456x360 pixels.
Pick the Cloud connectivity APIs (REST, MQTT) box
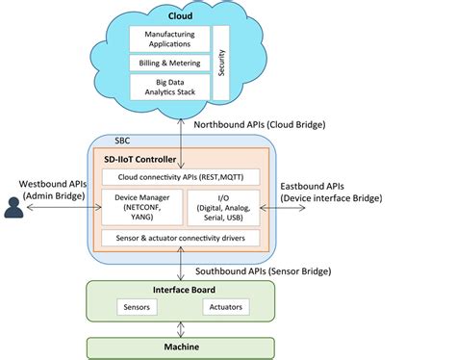[182, 176]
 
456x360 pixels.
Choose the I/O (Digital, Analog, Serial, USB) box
[222, 207]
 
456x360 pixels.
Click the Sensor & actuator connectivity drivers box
[182, 238]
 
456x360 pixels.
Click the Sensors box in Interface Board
[135, 308]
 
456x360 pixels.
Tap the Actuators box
[226, 308]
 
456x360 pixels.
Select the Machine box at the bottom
[182, 347]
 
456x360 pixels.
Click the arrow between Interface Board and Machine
[181, 329]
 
